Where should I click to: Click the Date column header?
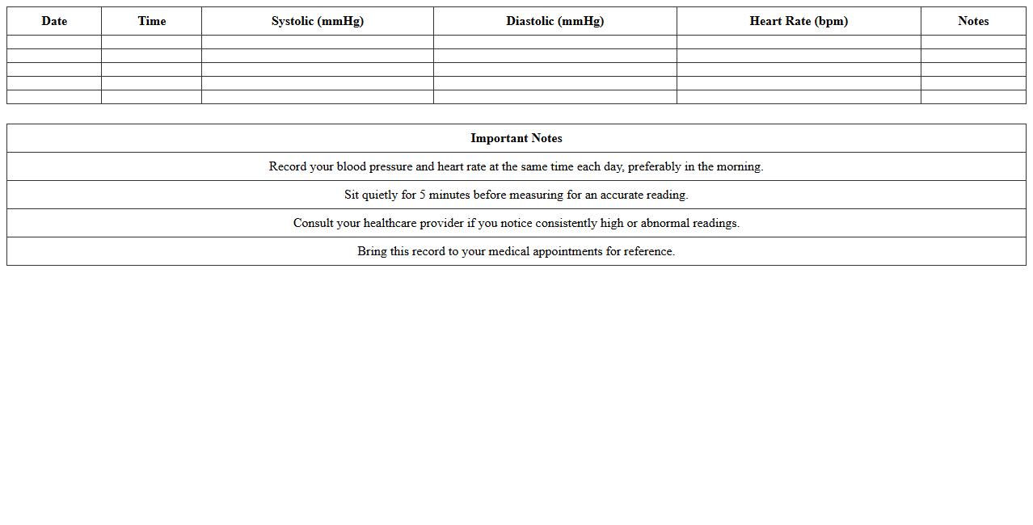pos(54,21)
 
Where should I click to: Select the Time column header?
pos(151,21)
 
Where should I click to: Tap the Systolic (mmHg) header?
pos(317,21)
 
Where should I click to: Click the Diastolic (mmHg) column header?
pos(554,21)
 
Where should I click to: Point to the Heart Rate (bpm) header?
pos(799,21)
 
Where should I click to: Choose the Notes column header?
pos(973,21)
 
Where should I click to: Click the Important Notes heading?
pos(516,138)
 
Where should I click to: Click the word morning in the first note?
pos(739,167)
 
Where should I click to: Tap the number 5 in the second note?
pos(422,195)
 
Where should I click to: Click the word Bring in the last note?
pos(372,251)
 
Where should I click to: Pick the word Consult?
pos(313,223)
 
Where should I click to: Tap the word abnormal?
pos(665,223)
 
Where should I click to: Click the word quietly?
pos(379,195)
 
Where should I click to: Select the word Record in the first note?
pos(288,166)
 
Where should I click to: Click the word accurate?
pos(621,195)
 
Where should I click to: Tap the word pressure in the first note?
pos(390,167)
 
